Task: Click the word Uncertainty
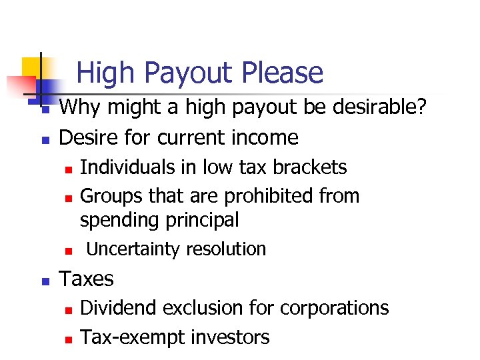133,249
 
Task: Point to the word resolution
226,249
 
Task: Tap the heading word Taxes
87,279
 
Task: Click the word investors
230,337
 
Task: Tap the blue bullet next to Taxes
45,281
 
